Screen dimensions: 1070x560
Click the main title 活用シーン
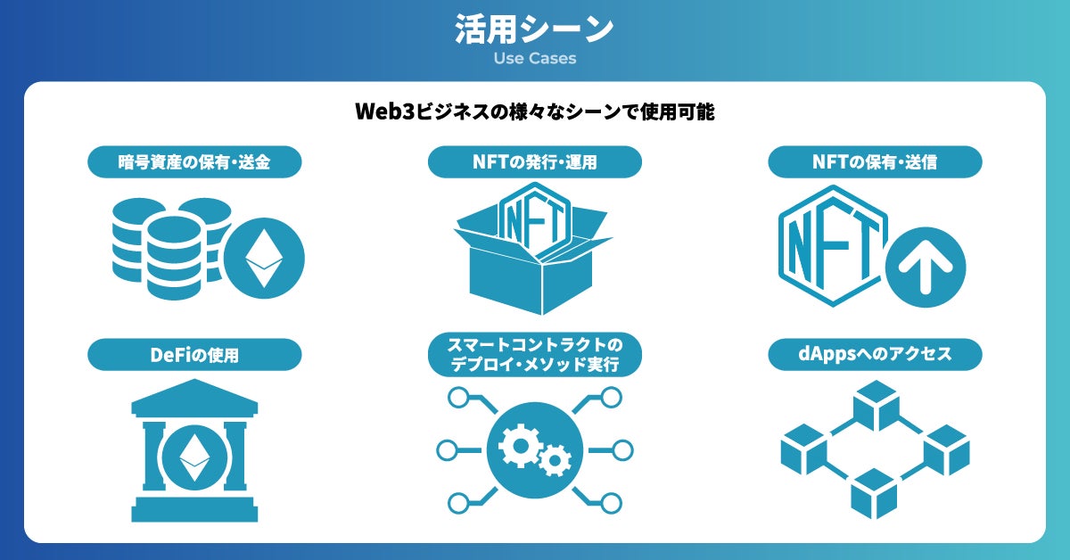534,29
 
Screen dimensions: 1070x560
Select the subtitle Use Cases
534,59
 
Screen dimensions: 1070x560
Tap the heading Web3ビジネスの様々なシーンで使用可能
534,113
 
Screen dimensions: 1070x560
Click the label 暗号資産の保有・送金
194,161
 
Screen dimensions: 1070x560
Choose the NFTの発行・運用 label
534,161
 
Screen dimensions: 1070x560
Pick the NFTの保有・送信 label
875,161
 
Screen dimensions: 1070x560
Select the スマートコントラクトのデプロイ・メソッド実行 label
534,354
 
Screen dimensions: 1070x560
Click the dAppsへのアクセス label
875,355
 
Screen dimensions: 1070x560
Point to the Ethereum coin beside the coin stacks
263,259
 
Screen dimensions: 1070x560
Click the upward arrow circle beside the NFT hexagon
926,267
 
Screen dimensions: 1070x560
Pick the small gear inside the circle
556,460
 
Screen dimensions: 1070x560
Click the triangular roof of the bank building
194,397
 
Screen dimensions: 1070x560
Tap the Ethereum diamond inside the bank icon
193,457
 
